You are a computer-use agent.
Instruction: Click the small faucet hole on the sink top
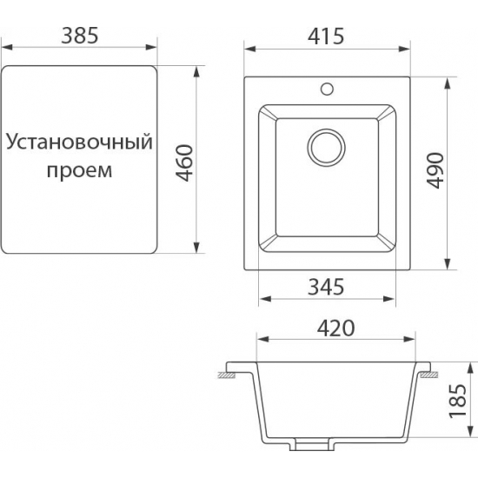327,87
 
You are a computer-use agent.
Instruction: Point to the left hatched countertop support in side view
229,375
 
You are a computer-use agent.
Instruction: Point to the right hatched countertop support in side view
428,375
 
